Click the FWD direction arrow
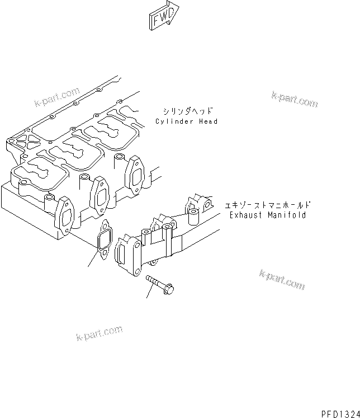163,15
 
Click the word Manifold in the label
288,215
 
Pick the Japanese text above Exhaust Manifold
267,205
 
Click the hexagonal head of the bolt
171,289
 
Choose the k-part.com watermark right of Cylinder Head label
295,100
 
